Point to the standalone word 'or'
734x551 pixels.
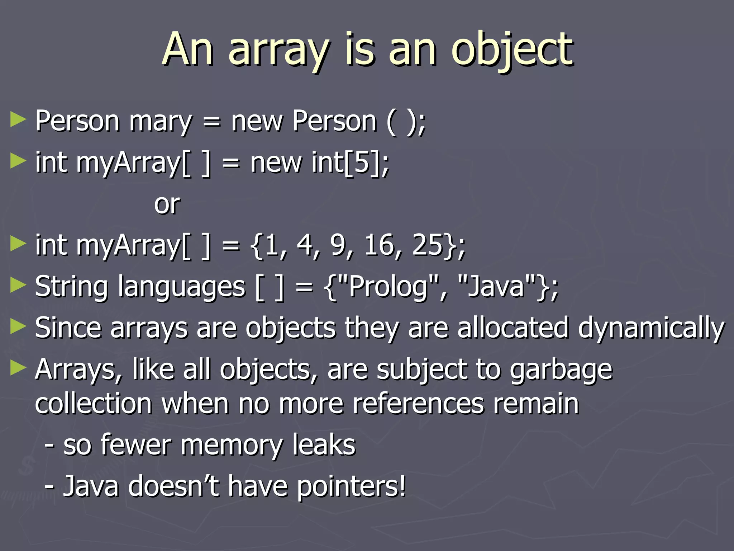[167, 204]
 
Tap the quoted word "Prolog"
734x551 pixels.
[389, 287]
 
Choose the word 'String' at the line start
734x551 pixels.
[71, 287]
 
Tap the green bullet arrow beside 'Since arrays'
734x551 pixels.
[18, 326]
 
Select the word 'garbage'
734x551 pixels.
[561, 369]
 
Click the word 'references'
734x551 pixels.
[418, 403]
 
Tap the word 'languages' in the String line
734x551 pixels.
[181, 287]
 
